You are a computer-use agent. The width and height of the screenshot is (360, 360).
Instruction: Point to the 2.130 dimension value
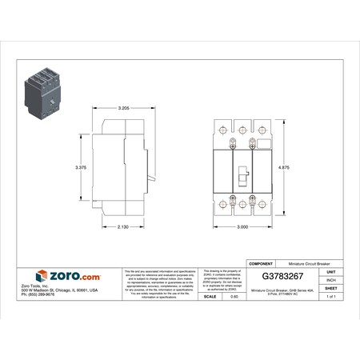coord(122,227)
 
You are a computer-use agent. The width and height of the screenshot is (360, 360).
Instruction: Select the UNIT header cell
coord(330,271)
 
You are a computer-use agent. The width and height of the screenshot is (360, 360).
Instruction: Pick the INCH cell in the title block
coord(330,280)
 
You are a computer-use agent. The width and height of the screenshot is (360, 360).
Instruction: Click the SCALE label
coord(210,296)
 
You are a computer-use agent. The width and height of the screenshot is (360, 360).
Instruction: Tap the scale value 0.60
coord(234,296)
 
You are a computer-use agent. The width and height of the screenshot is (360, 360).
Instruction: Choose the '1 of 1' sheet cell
coord(330,296)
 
